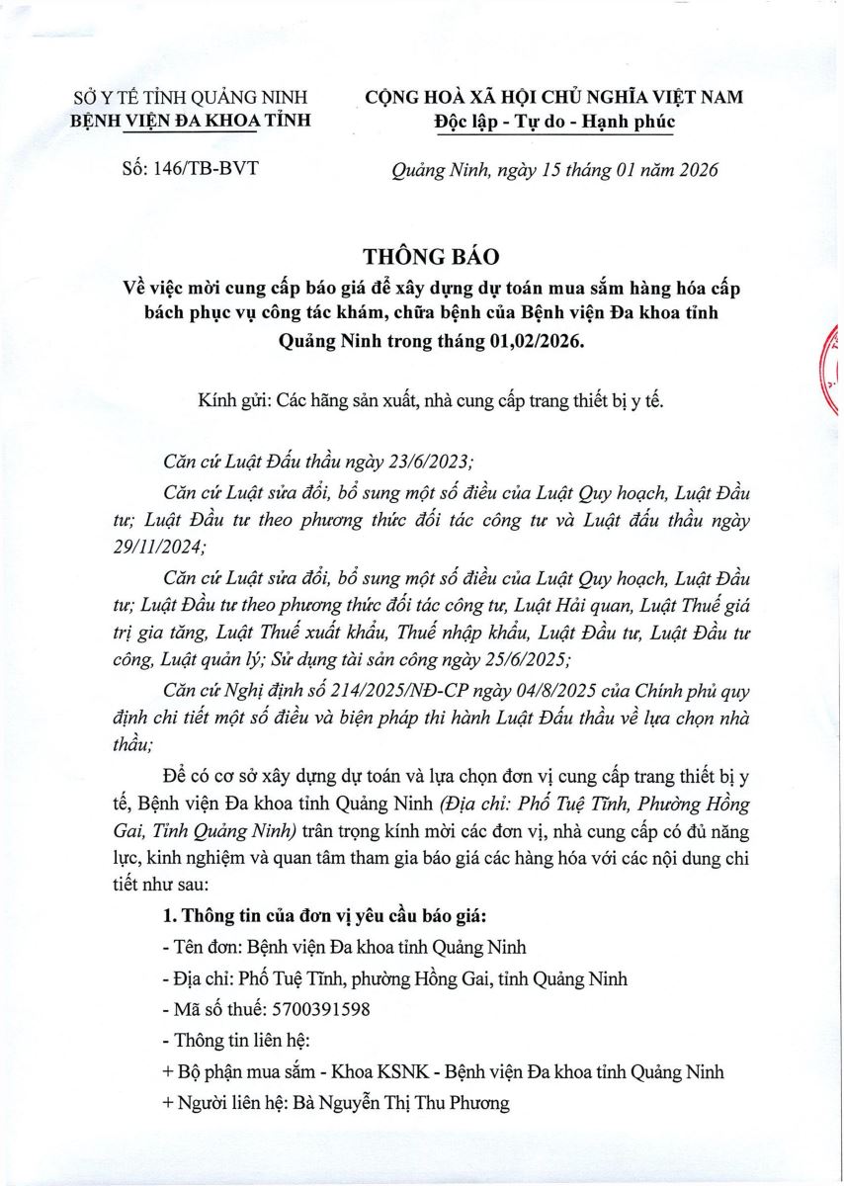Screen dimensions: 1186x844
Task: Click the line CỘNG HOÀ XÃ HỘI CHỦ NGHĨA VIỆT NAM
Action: (553, 97)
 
